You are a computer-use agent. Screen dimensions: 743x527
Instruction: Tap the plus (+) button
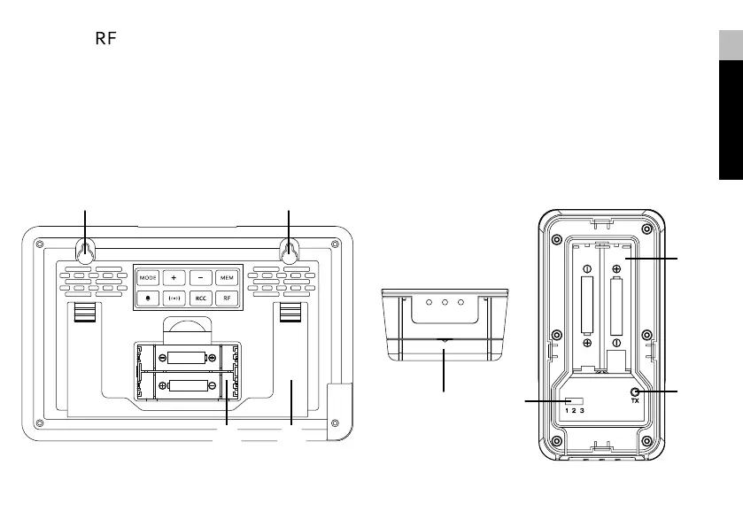(174, 277)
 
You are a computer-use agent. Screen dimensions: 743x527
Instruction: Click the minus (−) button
(200, 277)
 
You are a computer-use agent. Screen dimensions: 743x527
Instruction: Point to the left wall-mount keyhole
(85, 252)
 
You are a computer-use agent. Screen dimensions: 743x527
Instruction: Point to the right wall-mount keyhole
(290, 252)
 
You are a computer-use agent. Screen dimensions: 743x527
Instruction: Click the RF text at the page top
(105, 40)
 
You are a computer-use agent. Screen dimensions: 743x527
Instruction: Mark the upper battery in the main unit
(187, 358)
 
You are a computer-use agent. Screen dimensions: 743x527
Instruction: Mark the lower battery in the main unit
(187, 385)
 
